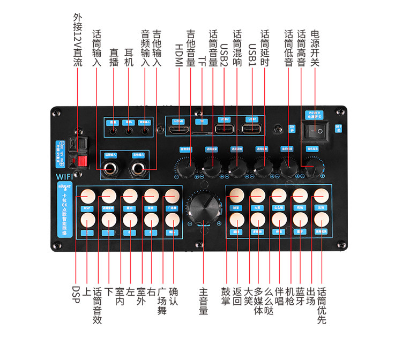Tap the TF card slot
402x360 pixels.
pyautogui.click(x=202, y=131)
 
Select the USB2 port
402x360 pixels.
pyautogui.click(x=224, y=129)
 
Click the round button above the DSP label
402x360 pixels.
pyautogui.click(x=87, y=196)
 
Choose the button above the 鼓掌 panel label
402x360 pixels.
pyautogui.click(x=236, y=196)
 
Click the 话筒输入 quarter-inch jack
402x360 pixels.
pyautogui.click(x=110, y=168)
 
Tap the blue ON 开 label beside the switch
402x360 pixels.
pyautogui.click(x=292, y=129)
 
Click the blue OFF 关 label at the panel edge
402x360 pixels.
pyautogui.click(x=338, y=128)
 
